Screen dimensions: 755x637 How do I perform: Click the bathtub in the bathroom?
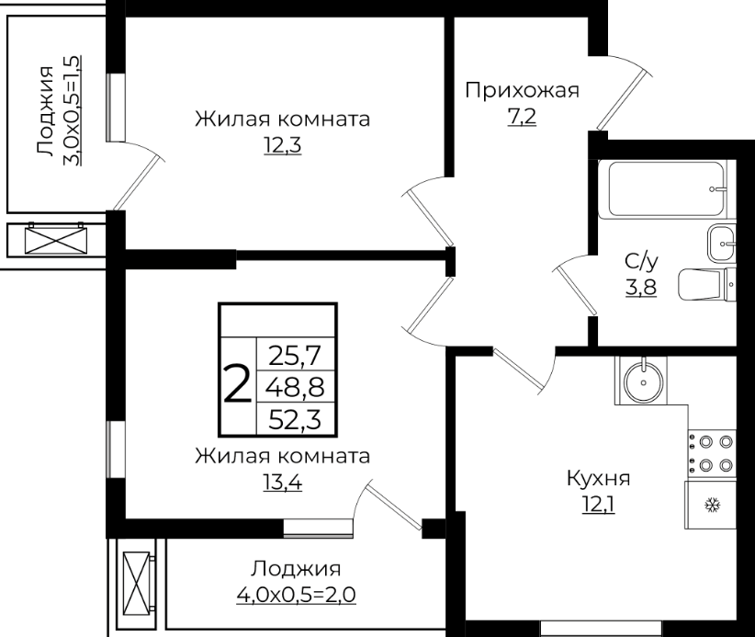667,189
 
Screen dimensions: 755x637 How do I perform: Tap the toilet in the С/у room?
707,284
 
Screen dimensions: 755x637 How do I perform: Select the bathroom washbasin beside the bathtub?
721,244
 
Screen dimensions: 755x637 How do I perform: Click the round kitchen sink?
643,381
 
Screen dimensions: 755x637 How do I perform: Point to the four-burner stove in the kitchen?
712,453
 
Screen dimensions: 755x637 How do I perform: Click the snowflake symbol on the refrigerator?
712,506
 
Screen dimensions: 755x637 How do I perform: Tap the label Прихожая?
522,90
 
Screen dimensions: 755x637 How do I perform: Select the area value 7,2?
522,116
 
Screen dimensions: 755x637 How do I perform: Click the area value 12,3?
282,144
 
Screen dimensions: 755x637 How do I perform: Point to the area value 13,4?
282,482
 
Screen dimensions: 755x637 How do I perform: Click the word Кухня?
598,479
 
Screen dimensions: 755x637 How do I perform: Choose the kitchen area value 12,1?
598,505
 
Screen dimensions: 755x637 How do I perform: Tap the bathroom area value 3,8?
641,287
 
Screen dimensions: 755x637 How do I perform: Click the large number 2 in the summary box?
238,383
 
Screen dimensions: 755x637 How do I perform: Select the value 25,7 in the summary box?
294,356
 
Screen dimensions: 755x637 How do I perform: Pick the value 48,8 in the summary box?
296,387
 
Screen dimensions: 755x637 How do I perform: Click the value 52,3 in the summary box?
294,419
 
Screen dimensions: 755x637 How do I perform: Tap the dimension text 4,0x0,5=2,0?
296,595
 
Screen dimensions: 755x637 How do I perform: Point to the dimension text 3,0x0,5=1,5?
72,110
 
